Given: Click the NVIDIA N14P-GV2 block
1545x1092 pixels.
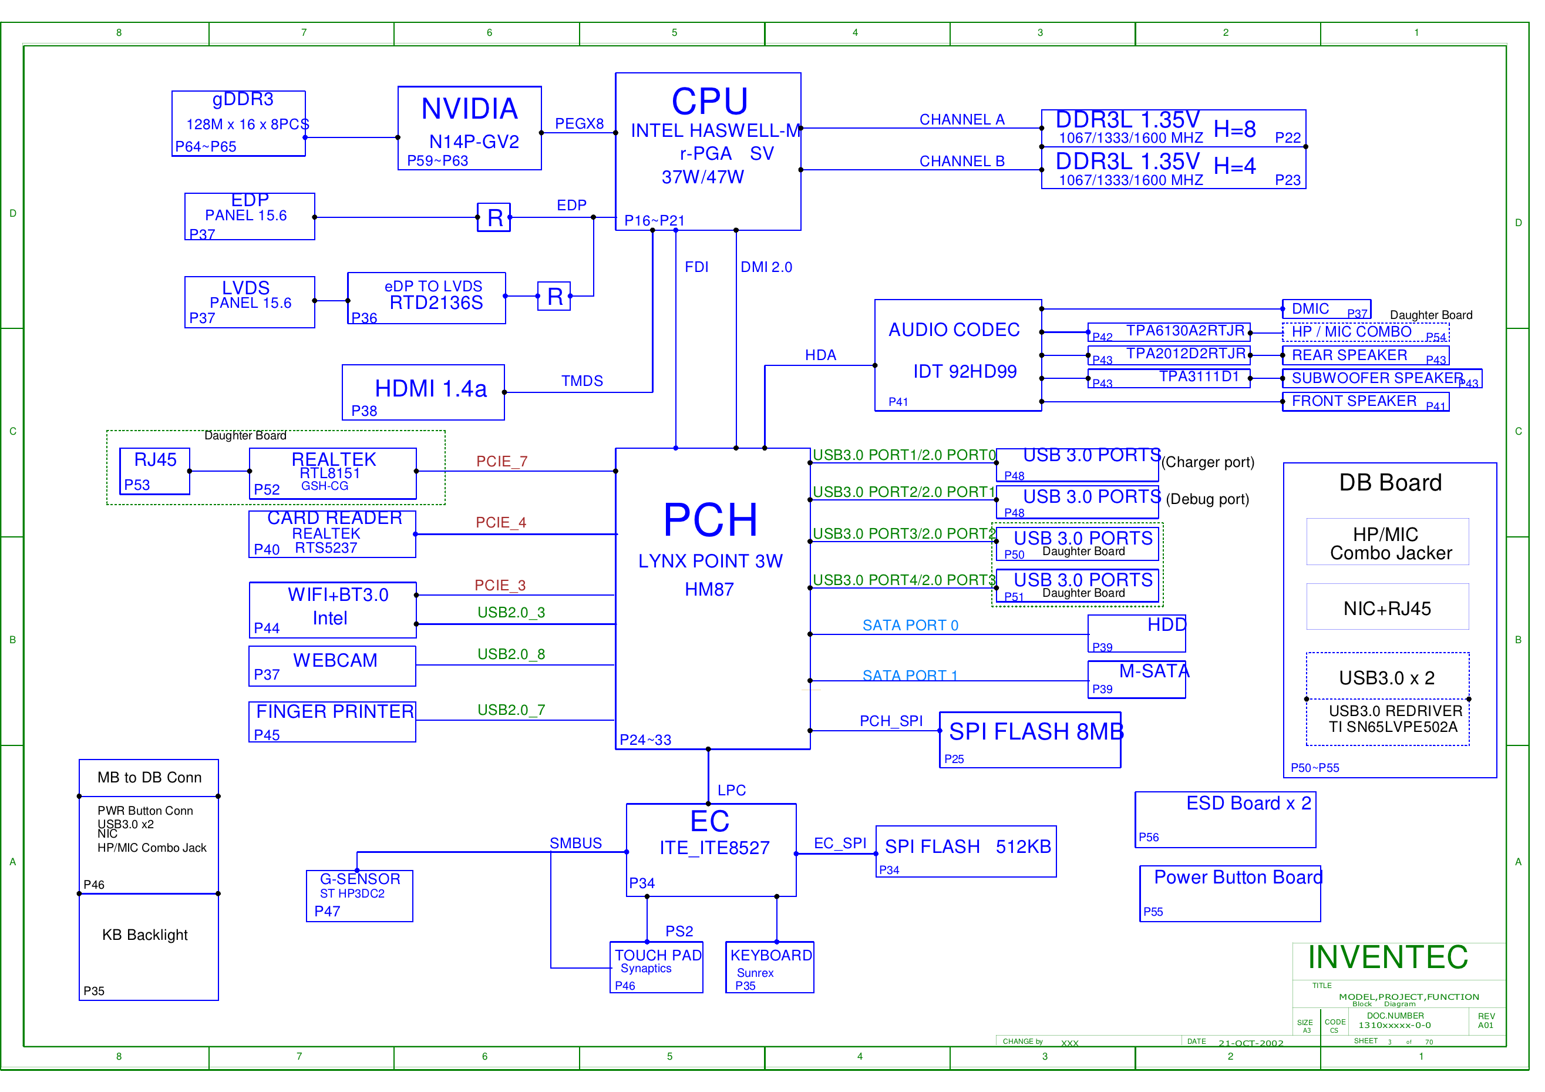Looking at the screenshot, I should [x=469, y=128].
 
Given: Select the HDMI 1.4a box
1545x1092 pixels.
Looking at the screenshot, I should [x=423, y=392].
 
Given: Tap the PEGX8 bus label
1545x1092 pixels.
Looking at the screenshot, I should [x=578, y=124].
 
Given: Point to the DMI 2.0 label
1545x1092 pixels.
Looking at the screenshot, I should [x=766, y=267].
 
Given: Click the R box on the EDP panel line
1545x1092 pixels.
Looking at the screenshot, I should [x=493, y=217].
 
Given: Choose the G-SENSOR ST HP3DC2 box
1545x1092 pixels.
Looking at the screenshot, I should [x=359, y=895].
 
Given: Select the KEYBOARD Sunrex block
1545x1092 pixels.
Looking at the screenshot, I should [x=769, y=967].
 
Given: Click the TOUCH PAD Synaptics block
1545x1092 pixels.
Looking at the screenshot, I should [x=656, y=967].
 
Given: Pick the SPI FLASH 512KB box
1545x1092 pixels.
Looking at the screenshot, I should [x=965, y=851].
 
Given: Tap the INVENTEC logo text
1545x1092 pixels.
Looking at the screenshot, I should [x=1388, y=957].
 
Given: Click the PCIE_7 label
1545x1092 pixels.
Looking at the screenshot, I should [x=501, y=462].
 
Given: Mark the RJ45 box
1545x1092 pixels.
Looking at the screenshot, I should [x=155, y=471].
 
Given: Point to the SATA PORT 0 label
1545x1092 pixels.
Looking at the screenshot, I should [x=910, y=626].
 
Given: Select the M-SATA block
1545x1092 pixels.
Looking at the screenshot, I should [x=1136, y=679].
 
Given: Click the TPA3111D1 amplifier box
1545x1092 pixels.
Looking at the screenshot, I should [x=1169, y=378].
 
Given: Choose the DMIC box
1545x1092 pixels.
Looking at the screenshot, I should [x=1325, y=309].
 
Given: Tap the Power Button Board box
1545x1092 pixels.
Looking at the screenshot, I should [x=1230, y=893].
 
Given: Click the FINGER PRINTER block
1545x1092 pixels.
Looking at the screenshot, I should [x=332, y=722].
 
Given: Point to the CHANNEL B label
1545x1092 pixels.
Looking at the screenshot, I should [x=961, y=162].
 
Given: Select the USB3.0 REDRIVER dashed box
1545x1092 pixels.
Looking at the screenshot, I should [x=1388, y=722].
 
